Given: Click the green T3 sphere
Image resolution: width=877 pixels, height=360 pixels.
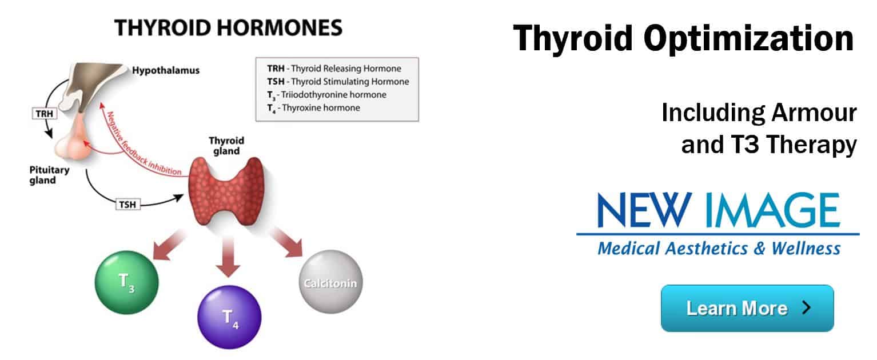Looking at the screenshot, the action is click(x=127, y=282).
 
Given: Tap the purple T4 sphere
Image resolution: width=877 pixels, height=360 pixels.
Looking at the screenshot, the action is click(x=229, y=317).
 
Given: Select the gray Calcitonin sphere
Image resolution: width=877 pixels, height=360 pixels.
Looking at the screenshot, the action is click(x=331, y=282).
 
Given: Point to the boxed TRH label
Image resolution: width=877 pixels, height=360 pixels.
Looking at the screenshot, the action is click(x=44, y=114).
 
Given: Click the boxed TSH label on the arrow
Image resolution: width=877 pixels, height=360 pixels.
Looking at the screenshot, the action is click(x=127, y=205).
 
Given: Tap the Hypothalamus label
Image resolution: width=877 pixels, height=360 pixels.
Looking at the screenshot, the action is click(x=166, y=70).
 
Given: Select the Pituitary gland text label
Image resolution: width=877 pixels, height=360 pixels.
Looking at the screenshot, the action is click(x=49, y=175).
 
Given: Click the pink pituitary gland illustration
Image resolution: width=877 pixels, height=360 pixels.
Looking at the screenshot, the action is click(x=74, y=141).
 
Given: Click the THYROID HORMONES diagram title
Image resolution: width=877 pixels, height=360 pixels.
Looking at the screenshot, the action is click(x=228, y=28).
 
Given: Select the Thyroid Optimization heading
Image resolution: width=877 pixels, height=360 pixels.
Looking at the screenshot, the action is click(x=683, y=38).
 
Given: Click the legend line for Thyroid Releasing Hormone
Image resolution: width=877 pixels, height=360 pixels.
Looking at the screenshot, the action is click(x=334, y=69).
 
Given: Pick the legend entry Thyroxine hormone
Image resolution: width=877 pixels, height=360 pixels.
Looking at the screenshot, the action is click(x=314, y=108).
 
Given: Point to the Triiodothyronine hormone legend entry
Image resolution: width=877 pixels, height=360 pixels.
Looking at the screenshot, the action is click(x=327, y=95).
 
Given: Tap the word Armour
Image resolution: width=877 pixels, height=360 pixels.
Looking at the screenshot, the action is click(x=814, y=113).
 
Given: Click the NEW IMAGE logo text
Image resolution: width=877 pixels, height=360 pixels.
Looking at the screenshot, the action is click(x=719, y=210).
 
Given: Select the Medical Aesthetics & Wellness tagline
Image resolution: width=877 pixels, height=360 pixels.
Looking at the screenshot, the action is click(x=719, y=249).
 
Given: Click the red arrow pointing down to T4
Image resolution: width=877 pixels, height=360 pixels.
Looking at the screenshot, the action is click(x=228, y=257).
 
